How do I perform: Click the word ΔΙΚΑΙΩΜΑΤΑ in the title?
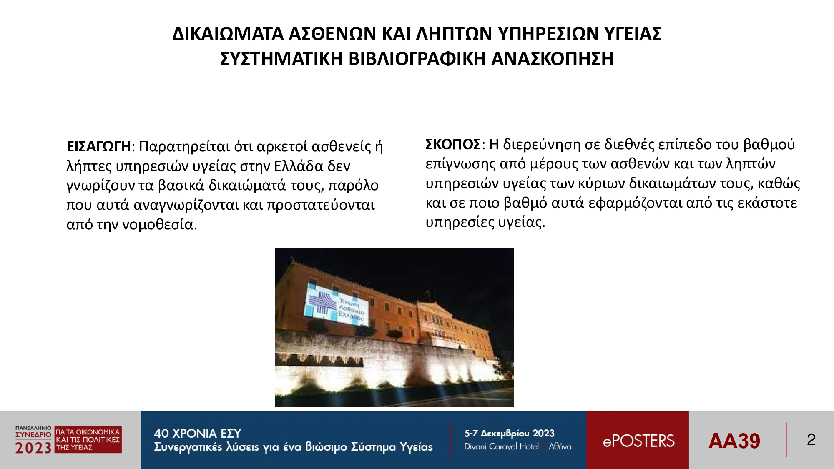pyautogui.click(x=228, y=34)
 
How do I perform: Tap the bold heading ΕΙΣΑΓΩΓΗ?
pyautogui.click(x=98, y=147)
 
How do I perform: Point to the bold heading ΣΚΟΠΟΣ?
pyautogui.click(x=453, y=145)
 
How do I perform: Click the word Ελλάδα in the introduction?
pyautogui.click(x=299, y=166)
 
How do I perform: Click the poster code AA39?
pyautogui.click(x=734, y=441)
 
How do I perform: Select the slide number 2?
pyautogui.click(x=811, y=440)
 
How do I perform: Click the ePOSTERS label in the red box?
pyautogui.click(x=638, y=441)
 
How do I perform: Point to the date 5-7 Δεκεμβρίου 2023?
pyautogui.click(x=509, y=434)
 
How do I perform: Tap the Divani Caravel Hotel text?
pyautogui.click(x=501, y=446)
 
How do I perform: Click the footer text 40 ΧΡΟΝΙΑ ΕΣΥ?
pyautogui.click(x=198, y=434)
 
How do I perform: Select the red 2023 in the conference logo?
pyautogui.click(x=33, y=448)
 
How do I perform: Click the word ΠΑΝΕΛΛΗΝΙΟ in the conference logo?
pyautogui.click(x=33, y=428)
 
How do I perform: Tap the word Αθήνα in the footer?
pyautogui.click(x=560, y=446)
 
